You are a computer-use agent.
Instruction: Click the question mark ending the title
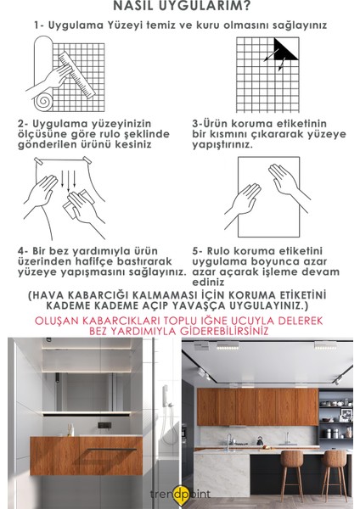(248, 6)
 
